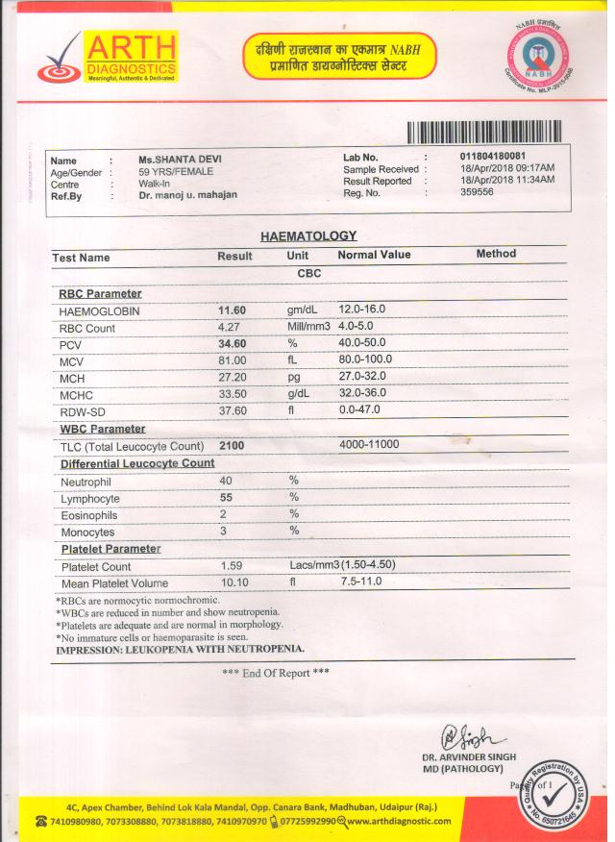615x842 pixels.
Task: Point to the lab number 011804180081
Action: pyautogui.click(x=493, y=156)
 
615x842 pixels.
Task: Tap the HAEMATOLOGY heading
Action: pyautogui.click(x=308, y=235)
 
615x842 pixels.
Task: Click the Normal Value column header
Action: pyautogui.click(x=374, y=255)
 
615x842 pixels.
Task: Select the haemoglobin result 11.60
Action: pyautogui.click(x=234, y=310)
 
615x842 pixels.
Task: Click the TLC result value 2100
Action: pyautogui.click(x=232, y=446)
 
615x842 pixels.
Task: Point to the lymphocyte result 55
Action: pyautogui.click(x=228, y=498)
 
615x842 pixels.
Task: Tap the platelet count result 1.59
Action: pyautogui.click(x=231, y=566)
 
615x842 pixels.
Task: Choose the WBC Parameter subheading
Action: pyautogui.click(x=103, y=429)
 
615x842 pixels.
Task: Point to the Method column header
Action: pyautogui.click(x=496, y=254)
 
